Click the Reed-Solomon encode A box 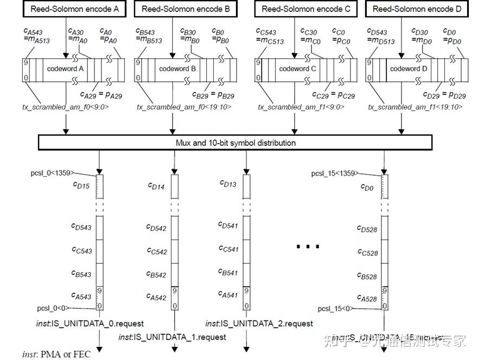point(67,9)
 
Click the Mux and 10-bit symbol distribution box point(235,143)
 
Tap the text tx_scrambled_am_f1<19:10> point(415,107)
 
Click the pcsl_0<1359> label point(52,173)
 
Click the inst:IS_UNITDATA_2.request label point(259,324)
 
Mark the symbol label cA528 point(367,298)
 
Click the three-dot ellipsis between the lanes point(307,247)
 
